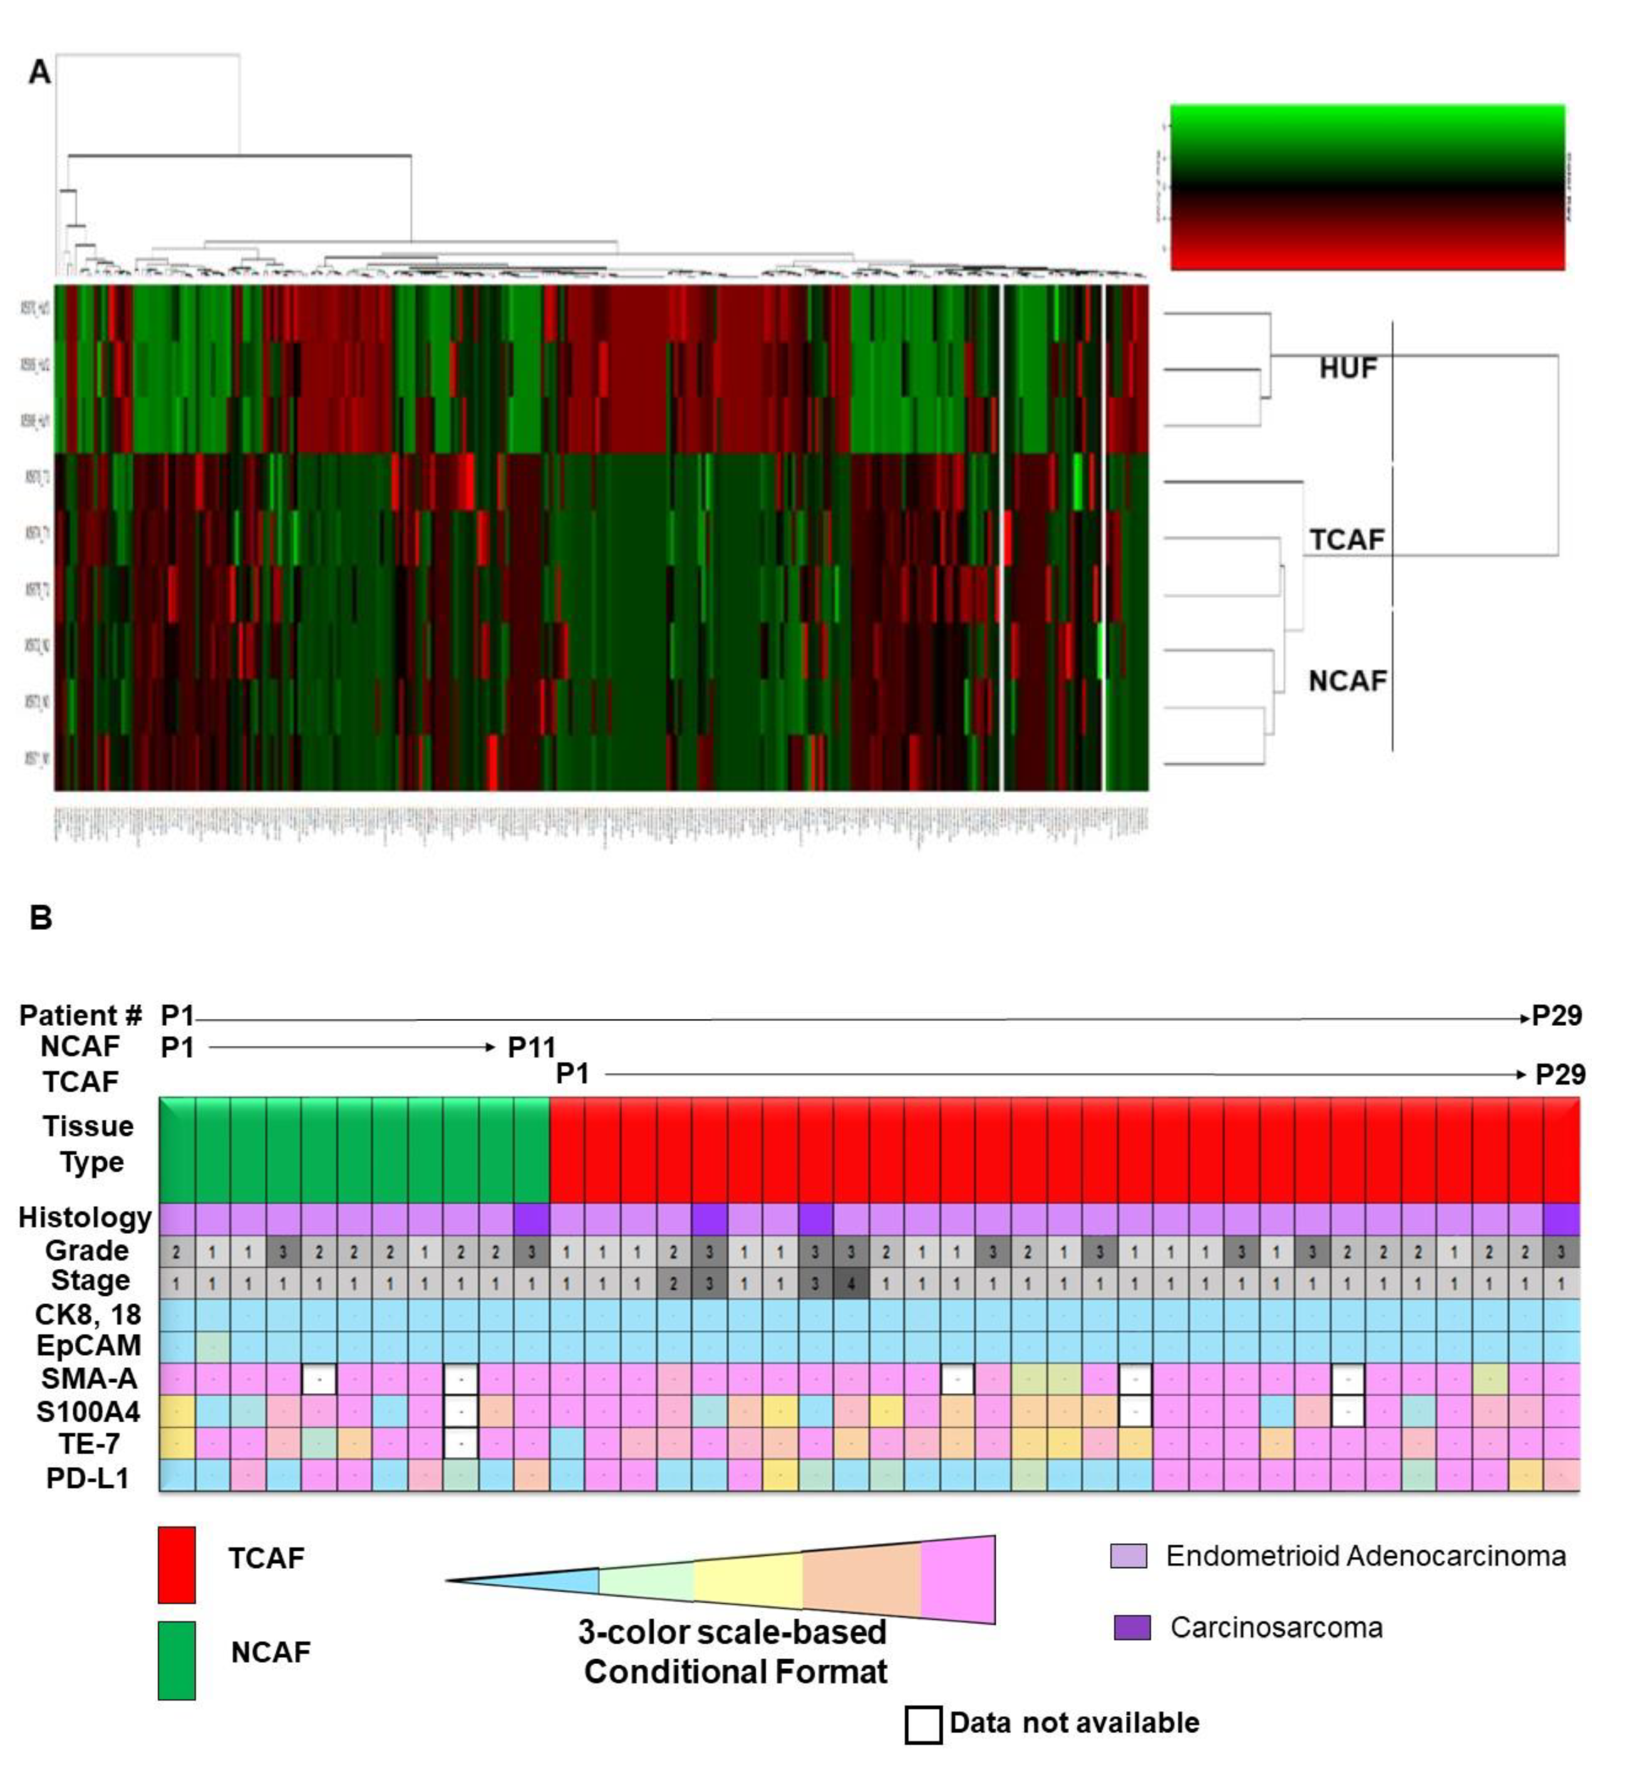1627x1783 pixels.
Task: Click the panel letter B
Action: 41,918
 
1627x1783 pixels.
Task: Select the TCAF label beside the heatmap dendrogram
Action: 1346,539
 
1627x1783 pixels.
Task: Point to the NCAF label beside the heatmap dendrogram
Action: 1346,681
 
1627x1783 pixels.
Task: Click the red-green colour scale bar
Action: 1367,187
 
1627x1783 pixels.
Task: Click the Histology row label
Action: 85,1218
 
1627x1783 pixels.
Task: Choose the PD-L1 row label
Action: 88,1477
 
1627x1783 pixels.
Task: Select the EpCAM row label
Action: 88,1345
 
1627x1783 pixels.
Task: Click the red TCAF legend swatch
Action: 177,1566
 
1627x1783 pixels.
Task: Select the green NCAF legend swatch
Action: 177,1660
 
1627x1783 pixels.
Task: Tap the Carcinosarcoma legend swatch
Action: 1132,1627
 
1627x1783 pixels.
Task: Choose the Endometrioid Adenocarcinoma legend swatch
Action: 1129,1556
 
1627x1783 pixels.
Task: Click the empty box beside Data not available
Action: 923,1725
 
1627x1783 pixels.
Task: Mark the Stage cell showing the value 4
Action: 850,1283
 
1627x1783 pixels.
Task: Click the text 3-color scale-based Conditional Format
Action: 734,1652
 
